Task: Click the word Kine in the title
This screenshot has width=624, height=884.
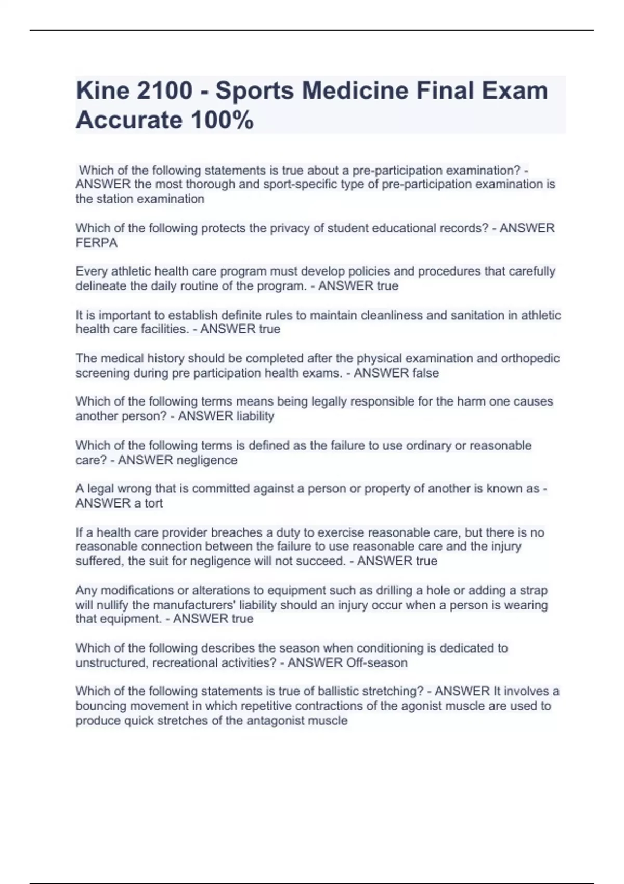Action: (x=102, y=91)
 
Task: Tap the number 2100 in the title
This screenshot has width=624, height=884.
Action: (x=164, y=91)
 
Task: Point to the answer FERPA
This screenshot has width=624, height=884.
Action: (x=97, y=243)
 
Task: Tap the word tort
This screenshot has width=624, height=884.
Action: (x=153, y=503)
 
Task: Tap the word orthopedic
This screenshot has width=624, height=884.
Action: (x=530, y=358)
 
